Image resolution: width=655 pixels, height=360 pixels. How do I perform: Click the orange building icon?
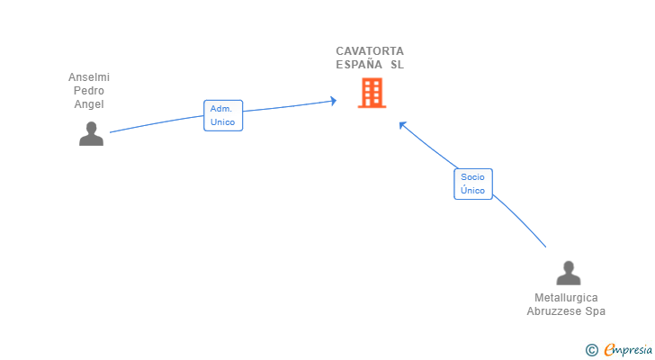[372, 93]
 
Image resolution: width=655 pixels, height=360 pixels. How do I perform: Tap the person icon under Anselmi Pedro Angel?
[91, 133]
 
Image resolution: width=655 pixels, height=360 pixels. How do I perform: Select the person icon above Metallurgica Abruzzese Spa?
[568, 273]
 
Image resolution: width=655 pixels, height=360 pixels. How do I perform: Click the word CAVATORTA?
[370, 51]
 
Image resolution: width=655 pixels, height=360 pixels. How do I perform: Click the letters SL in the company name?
[398, 64]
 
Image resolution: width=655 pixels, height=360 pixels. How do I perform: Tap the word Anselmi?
[89, 77]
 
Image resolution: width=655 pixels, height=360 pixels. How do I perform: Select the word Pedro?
[89, 91]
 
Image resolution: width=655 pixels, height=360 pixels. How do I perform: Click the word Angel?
[89, 104]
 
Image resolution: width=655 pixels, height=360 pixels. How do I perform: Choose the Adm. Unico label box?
[223, 115]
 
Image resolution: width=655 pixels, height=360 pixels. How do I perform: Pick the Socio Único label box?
[473, 184]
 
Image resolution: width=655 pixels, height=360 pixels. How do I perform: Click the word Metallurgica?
[566, 298]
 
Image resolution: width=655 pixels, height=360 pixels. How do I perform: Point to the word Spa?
[595, 311]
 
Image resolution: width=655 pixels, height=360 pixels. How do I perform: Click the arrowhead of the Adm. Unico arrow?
[334, 101]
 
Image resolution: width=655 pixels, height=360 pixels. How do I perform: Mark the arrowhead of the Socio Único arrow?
[402, 125]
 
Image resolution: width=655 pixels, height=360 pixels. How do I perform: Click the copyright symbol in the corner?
[591, 350]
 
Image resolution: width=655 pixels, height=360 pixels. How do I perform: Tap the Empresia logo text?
[628, 350]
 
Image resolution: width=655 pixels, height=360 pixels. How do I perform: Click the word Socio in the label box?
[472, 177]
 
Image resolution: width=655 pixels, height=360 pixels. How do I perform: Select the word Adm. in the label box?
[221, 109]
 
